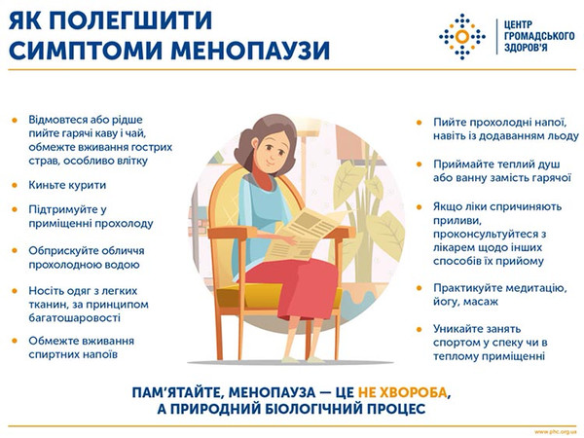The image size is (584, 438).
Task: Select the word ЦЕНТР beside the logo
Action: click(x=513, y=21)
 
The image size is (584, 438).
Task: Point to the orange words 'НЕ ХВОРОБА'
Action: click(x=405, y=391)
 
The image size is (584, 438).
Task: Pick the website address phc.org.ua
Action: click(x=556, y=429)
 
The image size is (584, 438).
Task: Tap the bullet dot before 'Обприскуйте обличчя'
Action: click(x=15, y=249)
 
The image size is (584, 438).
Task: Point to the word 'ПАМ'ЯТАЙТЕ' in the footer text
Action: click(x=187, y=391)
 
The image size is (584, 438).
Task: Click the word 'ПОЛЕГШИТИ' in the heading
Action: click(x=114, y=19)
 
